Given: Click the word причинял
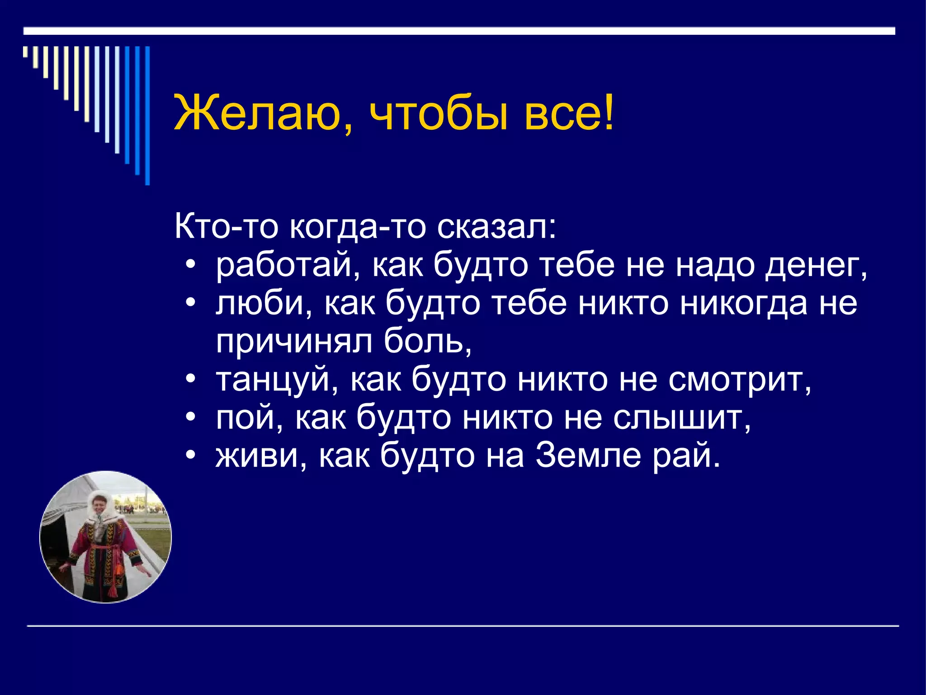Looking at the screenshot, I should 294,343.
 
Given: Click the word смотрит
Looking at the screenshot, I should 739,380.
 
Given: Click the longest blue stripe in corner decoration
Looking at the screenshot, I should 147,115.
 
